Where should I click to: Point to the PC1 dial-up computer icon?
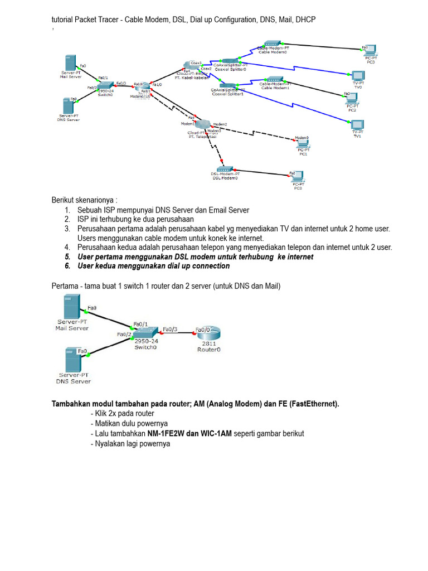pos(303,143)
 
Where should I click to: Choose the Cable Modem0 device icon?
pos(273,44)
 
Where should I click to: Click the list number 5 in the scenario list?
pos(67,257)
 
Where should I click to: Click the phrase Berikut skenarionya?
pos(85,200)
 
